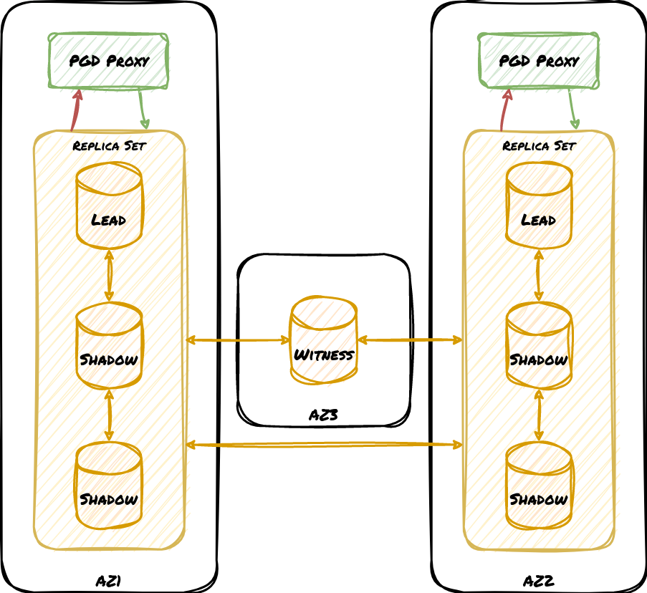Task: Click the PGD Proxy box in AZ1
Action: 108,61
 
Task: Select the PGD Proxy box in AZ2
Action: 538,61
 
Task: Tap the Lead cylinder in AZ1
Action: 109,206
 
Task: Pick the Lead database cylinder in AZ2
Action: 539,206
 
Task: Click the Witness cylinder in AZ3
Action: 324,340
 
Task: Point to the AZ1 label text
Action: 108,580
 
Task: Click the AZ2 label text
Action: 538,580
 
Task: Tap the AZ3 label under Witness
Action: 323,414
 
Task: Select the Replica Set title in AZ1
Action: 109,146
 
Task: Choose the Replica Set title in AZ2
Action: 539,146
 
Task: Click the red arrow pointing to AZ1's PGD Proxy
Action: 75,110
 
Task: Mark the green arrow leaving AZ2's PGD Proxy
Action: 572,110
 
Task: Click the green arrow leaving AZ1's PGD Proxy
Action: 143,110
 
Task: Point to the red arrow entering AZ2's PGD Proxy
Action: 505,110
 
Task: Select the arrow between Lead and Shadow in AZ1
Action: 109,276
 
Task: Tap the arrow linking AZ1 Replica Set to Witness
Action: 238,340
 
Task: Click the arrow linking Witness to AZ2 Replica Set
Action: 410,340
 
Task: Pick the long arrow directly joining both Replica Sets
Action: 324,445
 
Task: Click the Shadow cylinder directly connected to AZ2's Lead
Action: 539,345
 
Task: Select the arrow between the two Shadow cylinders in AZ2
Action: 539,415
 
